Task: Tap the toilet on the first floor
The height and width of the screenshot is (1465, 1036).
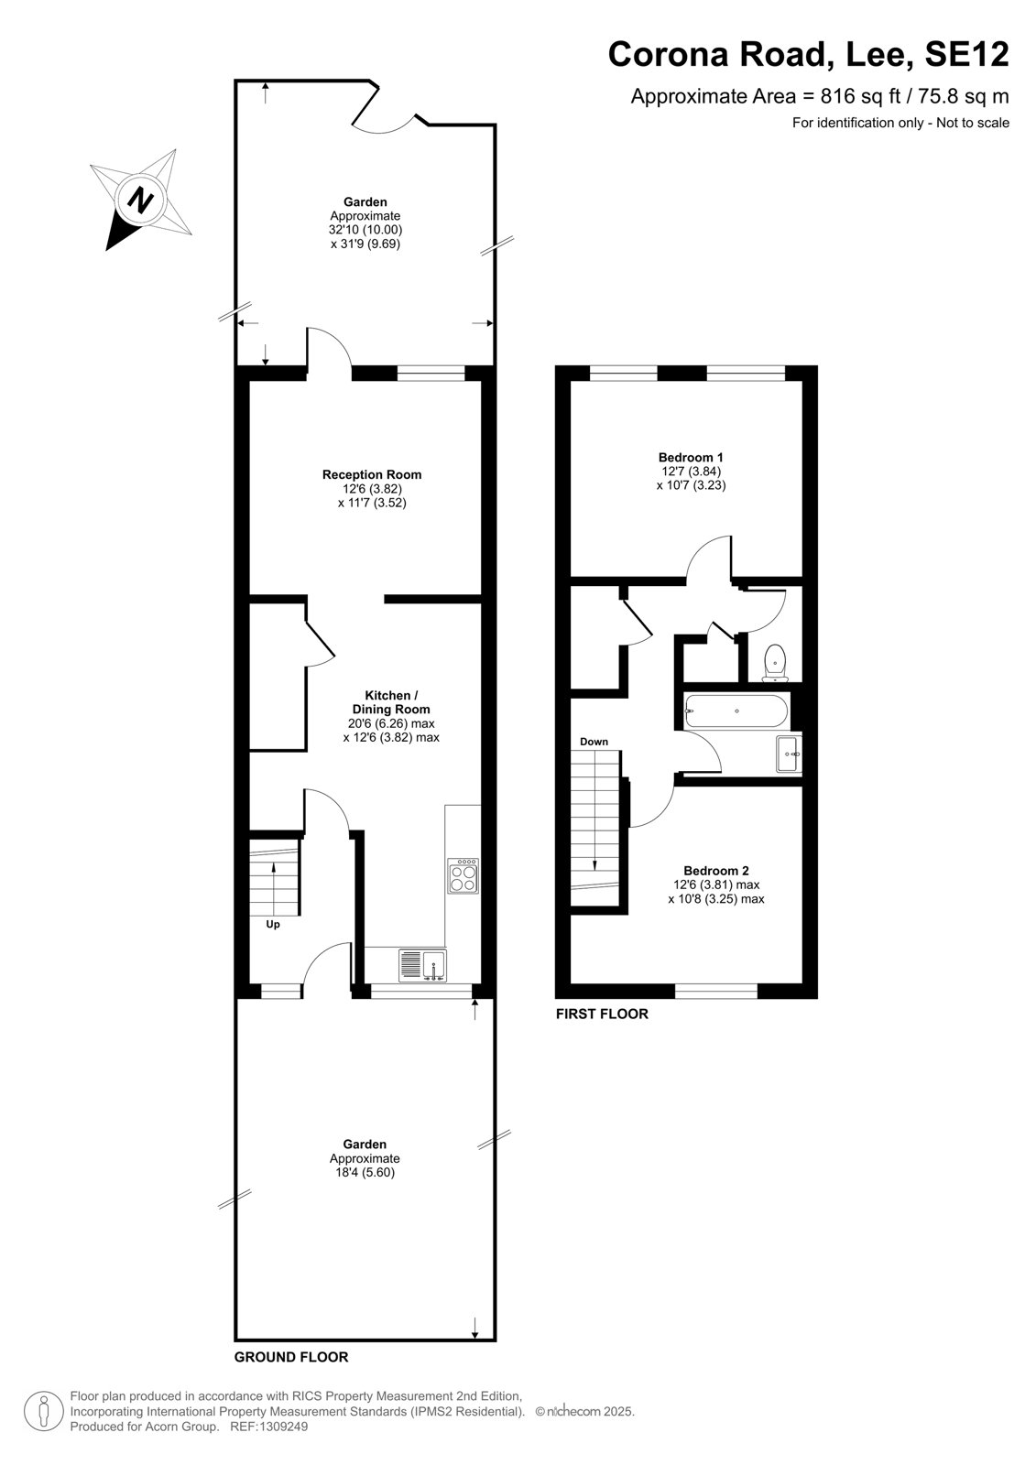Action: click(775, 663)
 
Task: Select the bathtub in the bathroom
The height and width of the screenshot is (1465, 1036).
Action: click(736, 711)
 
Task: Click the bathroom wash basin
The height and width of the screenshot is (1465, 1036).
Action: click(789, 754)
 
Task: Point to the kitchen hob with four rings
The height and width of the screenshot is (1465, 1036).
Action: click(463, 875)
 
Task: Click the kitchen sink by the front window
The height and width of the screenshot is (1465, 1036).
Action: click(423, 965)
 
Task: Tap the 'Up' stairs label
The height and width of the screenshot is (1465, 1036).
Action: click(273, 924)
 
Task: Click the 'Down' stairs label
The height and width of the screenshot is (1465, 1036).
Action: click(594, 742)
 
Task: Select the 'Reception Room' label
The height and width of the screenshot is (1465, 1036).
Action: click(372, 475)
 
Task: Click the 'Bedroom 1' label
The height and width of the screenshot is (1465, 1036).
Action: click(691, 457)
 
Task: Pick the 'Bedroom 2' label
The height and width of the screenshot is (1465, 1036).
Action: click(716, 871)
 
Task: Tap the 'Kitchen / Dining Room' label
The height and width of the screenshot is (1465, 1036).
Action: click(391, 701)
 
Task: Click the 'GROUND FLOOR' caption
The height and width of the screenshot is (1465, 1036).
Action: click(291, 1357)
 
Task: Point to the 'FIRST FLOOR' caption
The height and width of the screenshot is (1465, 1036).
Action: click(602, 1014)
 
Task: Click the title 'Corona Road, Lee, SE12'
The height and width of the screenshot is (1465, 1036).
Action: click(808, 55)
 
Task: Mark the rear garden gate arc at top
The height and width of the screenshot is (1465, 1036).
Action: click(389, 125)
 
